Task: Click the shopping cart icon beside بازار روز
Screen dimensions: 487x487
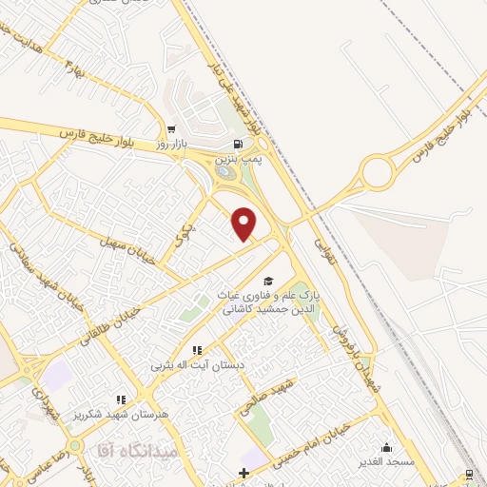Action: pyautogui.click(x=171, y=129)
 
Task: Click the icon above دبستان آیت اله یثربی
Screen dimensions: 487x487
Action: pyautogui.click(x=198, y=351)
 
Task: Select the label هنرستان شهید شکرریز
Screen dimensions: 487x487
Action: pyautogui.click(x=121, y=414)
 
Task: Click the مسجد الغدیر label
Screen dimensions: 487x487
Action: pyautogui.click(x=387, y=461)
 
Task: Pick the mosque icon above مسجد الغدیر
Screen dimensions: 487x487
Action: pyautogui.click(x=387, y=447)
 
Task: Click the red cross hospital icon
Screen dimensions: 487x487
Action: pyautogui.click(x=244, y=473)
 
